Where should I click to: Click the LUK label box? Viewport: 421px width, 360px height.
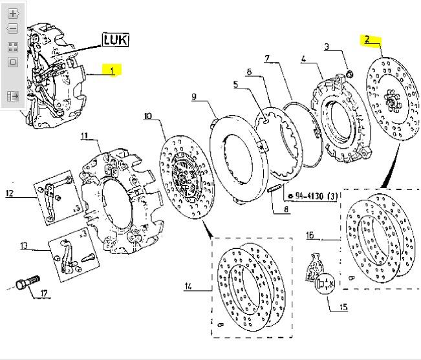tap(114, 40)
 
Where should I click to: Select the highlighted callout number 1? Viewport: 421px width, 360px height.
tap(111, 70)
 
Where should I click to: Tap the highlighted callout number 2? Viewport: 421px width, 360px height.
tap(367, 39)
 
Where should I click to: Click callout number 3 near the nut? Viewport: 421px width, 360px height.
tap(327, 47)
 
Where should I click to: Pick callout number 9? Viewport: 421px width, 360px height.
tap(193, 97)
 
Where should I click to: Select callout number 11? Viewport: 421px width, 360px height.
tap(83, 136)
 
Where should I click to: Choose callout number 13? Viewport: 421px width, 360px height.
tap(25, 246)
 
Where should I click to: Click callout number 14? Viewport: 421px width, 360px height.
tap(188, 286)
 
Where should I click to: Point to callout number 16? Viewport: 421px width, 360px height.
tap(310, 235)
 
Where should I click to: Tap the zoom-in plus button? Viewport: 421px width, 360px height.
tap(12, 13)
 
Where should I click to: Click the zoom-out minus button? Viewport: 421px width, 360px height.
tap(12, 29)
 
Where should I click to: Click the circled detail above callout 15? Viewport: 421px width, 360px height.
tap(325, 283)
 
